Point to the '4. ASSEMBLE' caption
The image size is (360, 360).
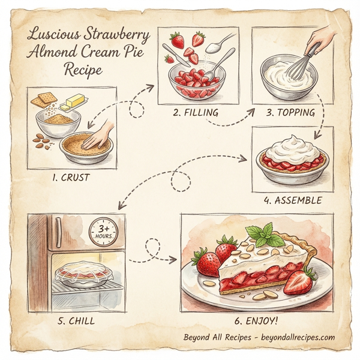pyautogui.click(x=292, y=199)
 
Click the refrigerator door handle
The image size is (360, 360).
pyautogui.click(x=58, y=232)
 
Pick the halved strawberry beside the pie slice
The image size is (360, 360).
pyautogui.click(x=299, y=281)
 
